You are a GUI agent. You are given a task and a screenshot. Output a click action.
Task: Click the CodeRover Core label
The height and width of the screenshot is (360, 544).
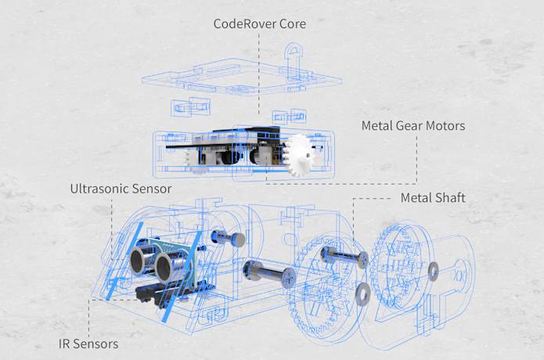point(260,23)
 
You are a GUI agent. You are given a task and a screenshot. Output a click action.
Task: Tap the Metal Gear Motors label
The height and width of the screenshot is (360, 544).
point(413,125)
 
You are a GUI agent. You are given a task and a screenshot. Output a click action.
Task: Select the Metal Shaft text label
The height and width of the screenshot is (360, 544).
point(433,198)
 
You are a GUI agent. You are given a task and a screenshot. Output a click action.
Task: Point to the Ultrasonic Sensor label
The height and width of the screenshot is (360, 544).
point(121,189)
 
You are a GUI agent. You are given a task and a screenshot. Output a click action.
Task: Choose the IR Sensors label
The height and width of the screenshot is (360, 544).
point(88,344)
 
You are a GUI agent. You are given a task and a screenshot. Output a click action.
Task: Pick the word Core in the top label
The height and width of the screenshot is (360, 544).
point(291,23)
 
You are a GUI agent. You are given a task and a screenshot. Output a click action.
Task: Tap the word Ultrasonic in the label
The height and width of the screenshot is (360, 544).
point(99,189)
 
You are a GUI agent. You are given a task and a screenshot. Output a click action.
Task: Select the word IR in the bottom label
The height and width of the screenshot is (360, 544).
point(65,344)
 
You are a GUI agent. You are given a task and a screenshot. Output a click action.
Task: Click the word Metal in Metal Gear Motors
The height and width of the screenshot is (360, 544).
point(376,125)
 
